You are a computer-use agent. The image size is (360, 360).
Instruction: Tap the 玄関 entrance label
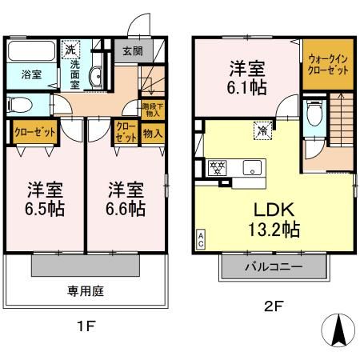[x=133, y=50]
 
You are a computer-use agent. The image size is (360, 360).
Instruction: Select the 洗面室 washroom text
[x=74, y=74]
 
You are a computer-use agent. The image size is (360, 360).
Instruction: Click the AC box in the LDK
[x=199, y=237]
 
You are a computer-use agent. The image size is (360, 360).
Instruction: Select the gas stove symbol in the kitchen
[x=215, y=168]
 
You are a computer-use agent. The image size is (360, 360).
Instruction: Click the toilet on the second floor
[x=314, y=114]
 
